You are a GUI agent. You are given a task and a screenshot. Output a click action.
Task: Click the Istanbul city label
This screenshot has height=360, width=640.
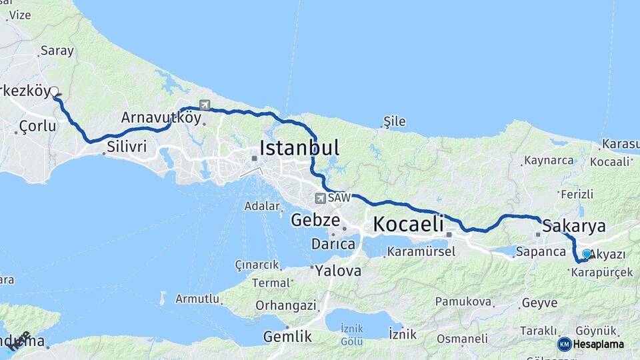point(299,147)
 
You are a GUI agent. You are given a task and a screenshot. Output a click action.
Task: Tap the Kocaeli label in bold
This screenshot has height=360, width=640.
point(408,224)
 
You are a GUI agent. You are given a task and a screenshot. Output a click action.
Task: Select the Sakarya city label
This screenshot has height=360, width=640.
point(574,225)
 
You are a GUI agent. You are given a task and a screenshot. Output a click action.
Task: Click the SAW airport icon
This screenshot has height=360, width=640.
point(321,198)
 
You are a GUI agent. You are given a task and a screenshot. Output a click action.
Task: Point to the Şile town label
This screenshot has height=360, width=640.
point(394,121)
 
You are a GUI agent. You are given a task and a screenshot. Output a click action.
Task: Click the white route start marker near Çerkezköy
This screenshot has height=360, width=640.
point(55,92)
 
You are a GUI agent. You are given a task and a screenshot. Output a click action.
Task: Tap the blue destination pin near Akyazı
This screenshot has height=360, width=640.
point(587,253)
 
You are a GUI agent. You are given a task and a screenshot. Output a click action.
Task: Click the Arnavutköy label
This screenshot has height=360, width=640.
point(161,118)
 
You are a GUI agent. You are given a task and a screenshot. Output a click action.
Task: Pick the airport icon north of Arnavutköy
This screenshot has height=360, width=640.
point(204,105)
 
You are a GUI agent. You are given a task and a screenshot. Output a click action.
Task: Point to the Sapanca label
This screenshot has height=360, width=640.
point(541,252)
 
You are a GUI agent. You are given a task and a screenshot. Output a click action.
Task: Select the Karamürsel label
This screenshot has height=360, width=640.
point(421,252)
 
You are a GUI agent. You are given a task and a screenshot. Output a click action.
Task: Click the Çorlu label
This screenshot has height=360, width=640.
point(37,125)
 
